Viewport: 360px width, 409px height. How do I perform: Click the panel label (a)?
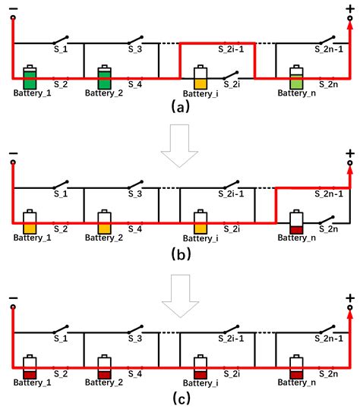181,106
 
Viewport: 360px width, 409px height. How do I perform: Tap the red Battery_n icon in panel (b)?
297,222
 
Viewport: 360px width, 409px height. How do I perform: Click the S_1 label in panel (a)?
60,48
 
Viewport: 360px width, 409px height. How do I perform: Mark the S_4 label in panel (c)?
135,373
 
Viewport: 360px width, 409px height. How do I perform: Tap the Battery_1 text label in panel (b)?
30,238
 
